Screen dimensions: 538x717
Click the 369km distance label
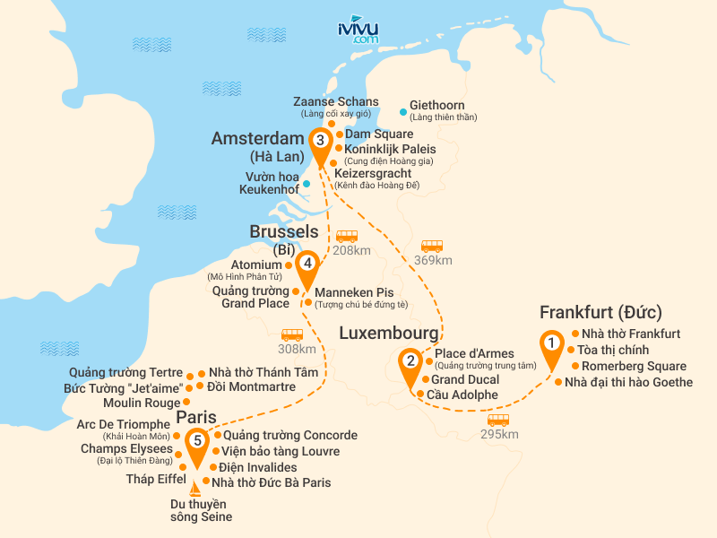coord(432,260)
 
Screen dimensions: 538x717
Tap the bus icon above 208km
coord(346,237)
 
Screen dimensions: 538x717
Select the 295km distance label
coord(498,434)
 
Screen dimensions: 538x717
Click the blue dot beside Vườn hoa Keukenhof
coord(307,184)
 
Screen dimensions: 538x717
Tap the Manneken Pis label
coord(354,291)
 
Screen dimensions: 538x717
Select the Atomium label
coord(256,265)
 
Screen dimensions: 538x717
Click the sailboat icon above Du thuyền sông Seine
coord(195,490)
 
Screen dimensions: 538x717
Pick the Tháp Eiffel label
coord(155,479)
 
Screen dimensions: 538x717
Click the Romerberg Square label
coord(634,366)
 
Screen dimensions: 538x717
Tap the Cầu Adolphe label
coord(462,395)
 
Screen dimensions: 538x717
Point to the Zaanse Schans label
coord(336,101)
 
